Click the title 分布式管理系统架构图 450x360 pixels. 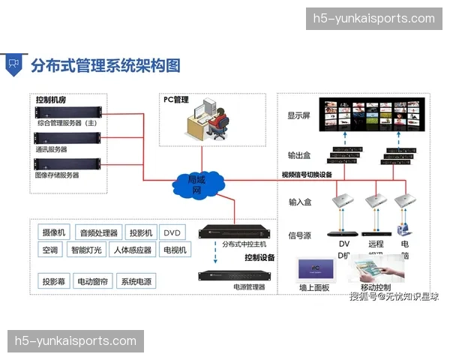[105, 65]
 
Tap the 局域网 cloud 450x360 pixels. [196, 184]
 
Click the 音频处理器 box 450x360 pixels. [98, 233]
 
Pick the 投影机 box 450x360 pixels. [140, 233]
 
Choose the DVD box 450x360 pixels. [173, 233]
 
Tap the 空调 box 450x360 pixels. [50, 250]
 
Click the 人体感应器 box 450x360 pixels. [132, 250]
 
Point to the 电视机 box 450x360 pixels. [173, 250]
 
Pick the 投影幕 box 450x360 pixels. [54, 282]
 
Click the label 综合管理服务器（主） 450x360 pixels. [67, 122]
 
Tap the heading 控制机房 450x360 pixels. [50, 100]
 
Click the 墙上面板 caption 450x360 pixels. [314, 287]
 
